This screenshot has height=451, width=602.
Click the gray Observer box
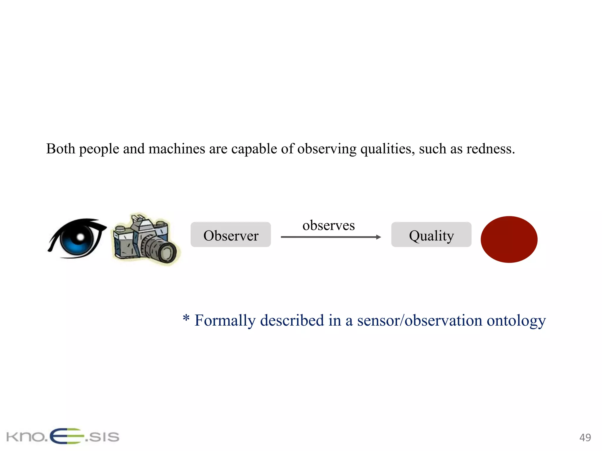pos(231,235)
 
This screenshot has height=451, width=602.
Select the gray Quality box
pos(431,235)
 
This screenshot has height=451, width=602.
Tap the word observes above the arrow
pos(329,225)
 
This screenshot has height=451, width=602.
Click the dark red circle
pos(509,239)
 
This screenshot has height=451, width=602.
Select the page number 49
pos(585,437)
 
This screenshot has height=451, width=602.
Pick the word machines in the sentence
pos(177,149)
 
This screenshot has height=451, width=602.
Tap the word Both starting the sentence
pos(61,149)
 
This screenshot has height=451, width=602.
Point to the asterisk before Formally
pos(186,318)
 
